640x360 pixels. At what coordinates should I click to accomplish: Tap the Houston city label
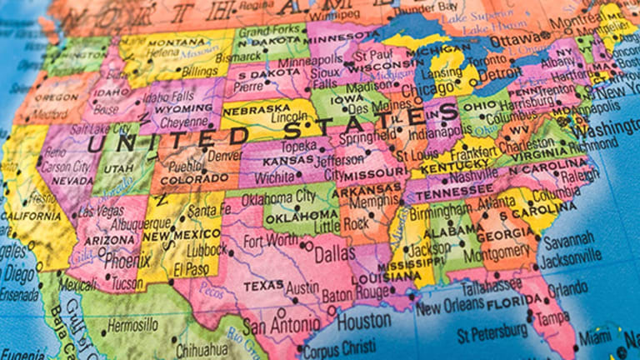click(364, 318)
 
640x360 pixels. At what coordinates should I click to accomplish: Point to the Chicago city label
click(427, 89)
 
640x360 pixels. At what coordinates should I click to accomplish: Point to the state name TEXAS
click(262, 287)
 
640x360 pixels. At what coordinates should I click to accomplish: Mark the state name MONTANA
click(178, 42)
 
